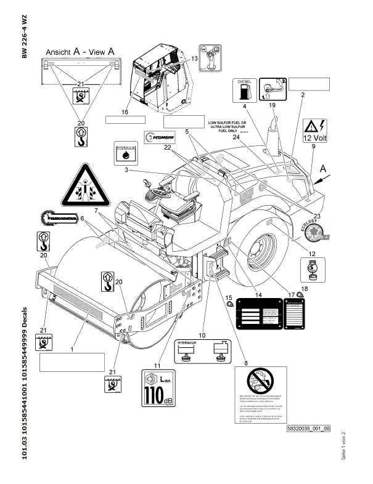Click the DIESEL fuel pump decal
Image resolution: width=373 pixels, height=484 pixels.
tap(243, 91)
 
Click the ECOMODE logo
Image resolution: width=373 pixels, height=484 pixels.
tap(161, 137)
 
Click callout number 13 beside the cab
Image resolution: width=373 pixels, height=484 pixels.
tap(194, 58)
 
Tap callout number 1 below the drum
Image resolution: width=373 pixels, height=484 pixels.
tap(72, 349)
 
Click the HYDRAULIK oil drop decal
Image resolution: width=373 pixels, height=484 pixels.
tap(125, 152)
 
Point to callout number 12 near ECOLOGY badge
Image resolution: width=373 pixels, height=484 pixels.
tap(312, 254)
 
